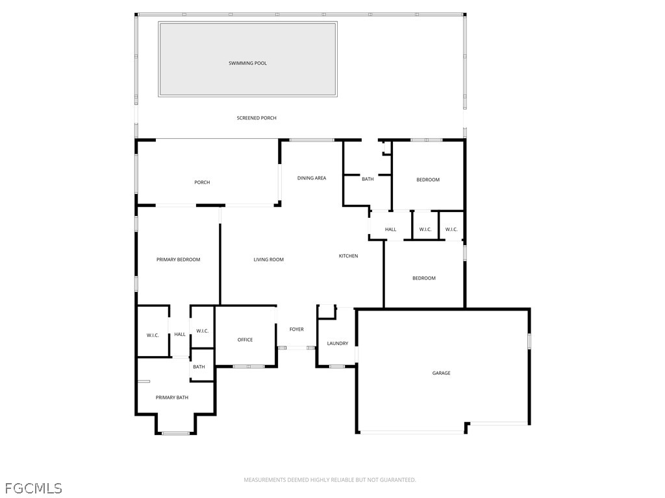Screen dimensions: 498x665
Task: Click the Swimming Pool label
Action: coord(247,63)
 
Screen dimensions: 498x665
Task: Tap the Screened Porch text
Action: coord(257,118)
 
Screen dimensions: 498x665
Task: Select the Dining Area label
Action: coord(312,178)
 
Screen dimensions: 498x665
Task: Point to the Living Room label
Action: coord(269,259)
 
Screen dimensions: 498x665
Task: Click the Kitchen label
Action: coord(348,256)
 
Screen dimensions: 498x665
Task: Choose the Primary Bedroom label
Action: coord(178,259)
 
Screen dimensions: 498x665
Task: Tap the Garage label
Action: coord(441,373)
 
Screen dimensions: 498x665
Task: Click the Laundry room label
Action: coord(338,344)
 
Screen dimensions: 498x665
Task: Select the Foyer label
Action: coord(296,329)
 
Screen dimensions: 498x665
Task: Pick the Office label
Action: coord(245,340)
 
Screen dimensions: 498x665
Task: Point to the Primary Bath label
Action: coord(171,397)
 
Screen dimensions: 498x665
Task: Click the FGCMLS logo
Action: coord(33,487)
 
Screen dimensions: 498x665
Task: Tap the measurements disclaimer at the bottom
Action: coord(329,480)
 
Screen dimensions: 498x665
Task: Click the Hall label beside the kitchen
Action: coord(390,229)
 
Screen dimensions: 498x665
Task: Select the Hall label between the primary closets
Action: coord(180,335)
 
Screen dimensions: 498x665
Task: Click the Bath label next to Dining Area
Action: coord(368,179)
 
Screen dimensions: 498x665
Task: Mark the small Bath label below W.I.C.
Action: coord(199,367)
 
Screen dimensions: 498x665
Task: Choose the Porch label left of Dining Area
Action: coord(202,182)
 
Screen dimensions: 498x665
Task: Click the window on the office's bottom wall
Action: coord(249,367)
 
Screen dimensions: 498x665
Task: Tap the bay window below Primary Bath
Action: coord(175,433)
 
